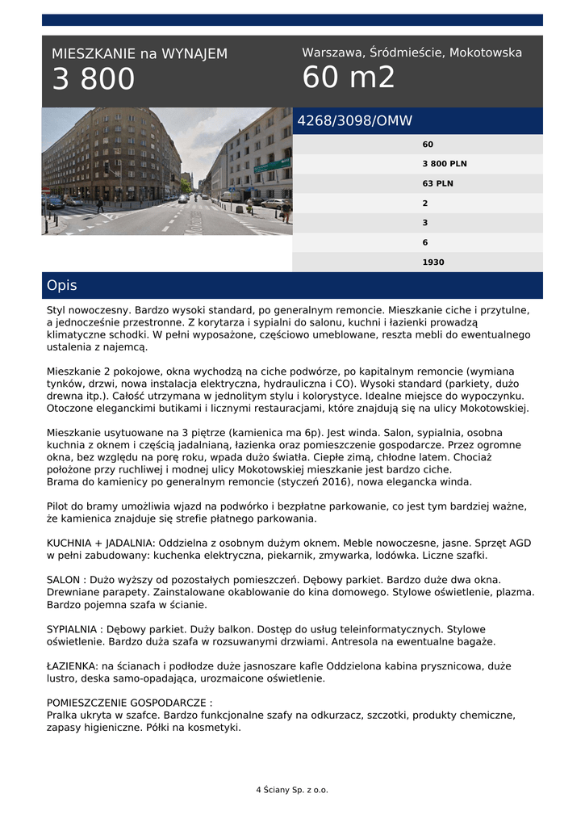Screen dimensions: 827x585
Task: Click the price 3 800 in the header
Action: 94,80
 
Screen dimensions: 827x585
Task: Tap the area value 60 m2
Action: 349,78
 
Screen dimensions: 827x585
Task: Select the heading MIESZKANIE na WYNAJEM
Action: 140,54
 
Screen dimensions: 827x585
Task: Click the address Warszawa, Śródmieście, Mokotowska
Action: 412,52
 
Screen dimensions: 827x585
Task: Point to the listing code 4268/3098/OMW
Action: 355,121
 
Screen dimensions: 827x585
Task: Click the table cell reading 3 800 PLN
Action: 444,164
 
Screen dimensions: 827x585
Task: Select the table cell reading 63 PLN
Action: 437,183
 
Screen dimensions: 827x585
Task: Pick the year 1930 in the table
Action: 432,262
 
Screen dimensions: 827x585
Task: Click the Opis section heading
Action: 62,286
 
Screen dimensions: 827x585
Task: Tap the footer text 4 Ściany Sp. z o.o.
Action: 292,790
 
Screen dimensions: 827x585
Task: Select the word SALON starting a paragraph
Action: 65,580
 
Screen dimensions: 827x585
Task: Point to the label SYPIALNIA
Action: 73,629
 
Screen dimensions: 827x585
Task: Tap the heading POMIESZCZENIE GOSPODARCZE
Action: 129,703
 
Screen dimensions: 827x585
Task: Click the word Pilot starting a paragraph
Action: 60,506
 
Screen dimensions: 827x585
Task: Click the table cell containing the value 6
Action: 425,242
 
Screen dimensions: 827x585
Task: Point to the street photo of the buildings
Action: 167,171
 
